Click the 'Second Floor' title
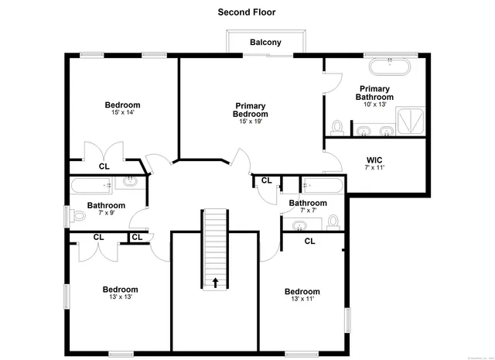[246, 12]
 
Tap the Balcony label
[265, 43]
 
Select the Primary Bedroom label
[251, 110]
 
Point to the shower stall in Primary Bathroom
[410, 120]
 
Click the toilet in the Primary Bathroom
[337, 126]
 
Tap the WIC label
[374, 159]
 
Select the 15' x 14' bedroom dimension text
[123, 113]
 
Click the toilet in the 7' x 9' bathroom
[78, 216]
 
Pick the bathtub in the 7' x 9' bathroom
[93, 185]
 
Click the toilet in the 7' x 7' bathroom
[333, 222]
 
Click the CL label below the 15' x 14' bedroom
[104, 166]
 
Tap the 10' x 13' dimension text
[374, 105]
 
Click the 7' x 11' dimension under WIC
[374, 167]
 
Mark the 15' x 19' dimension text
[251, 122]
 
